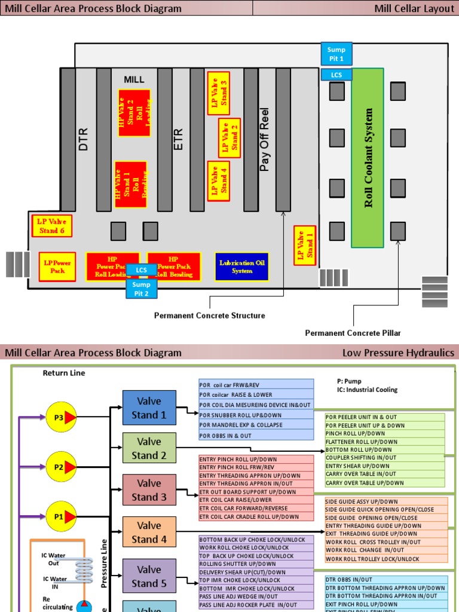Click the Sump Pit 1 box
click(336, 53)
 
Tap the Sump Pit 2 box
click(141, 289)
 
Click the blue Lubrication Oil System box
click(241, 267)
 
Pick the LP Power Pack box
click(57, 267)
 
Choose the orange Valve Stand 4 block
click(149, 532)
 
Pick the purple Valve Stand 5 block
click(149, 576)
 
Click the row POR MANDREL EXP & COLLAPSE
click(256, 425)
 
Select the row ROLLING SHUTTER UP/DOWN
click(256, 564)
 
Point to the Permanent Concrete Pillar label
click(353, 333)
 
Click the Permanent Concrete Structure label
click(210, 316)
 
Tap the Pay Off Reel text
click(265, 139)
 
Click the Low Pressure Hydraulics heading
click(398, 353)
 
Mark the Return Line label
click(64, 373)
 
